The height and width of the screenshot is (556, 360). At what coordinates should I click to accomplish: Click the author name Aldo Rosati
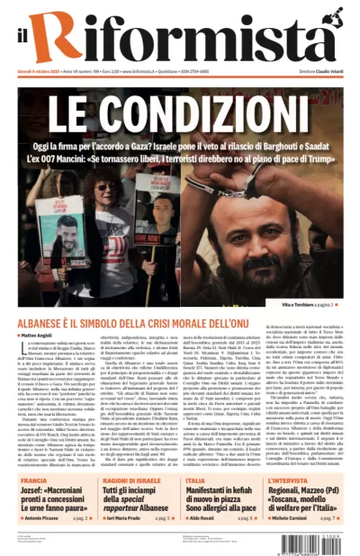pos(203,518)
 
